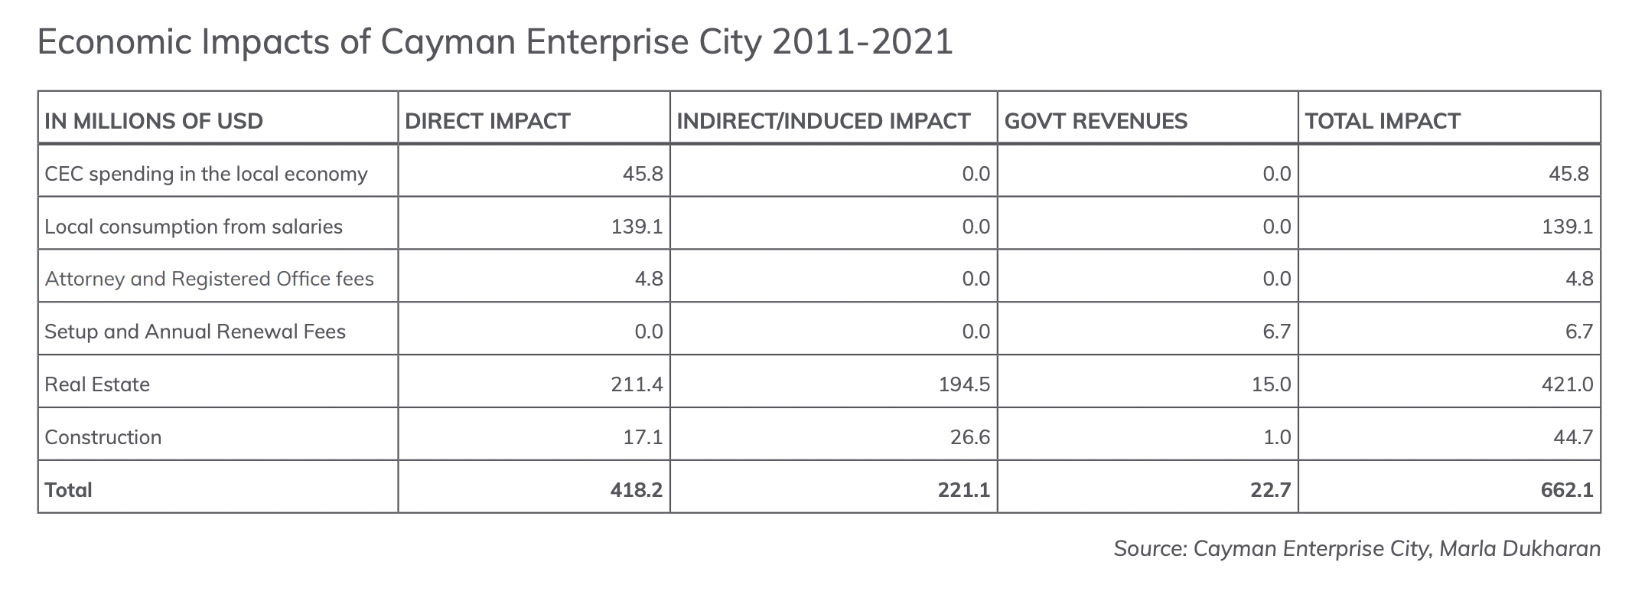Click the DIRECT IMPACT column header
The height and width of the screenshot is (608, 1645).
(x=487, y=121)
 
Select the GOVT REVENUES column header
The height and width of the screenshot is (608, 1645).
(x=1096, y=121)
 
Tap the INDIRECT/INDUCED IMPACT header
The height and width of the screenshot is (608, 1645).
(x=823, y=121)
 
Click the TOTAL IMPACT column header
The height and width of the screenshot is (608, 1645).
(x=1383, y=121)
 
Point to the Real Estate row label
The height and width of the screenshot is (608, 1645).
(x=97, y=384)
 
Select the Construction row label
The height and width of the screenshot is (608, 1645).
(x=103, y=437)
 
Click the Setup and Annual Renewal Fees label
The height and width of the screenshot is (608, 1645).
(x=195, y=332)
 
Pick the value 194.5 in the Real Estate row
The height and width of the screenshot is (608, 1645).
(x=964, y=384)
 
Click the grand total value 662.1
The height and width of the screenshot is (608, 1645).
(x=1567, y=490)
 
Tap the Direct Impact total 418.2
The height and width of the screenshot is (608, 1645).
(x=637, y=490)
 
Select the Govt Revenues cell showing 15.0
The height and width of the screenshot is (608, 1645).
(x=1271, y=384)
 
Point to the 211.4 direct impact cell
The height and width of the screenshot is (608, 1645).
(x=637, y=384)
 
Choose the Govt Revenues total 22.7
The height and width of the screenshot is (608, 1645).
(x=1271, y=490)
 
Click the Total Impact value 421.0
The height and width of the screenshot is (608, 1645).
(x=1567, y=384)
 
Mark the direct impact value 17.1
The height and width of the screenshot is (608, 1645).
(x=643, y=437)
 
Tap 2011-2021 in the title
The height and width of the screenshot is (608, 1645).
(x=862, y=42)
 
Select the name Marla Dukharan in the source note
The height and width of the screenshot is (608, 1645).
(x=1520, y=549)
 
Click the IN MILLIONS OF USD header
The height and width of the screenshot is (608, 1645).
(x=154, y=121)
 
